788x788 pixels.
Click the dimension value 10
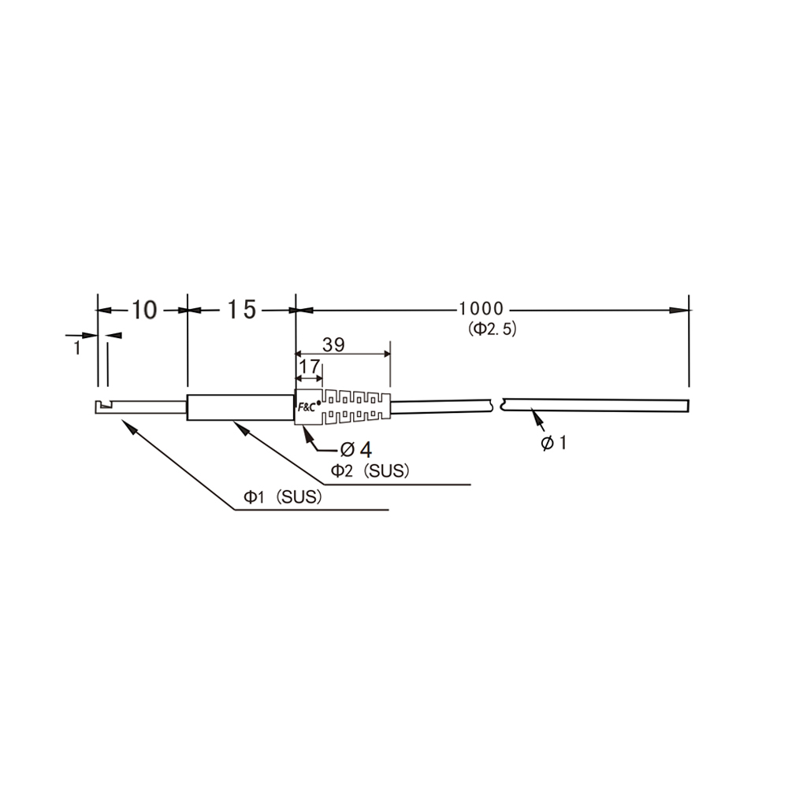(x=144, y=310)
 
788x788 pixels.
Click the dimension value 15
(x=242, y=310)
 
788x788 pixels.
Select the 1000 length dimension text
(x=481, y=309)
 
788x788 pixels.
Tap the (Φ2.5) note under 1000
(x=492, y=329)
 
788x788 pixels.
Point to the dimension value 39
(x=333, y=345)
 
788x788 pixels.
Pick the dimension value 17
(x=309, y=366)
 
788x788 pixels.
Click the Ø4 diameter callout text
(x=356, y=449)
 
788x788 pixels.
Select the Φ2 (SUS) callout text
(x=370, y=471)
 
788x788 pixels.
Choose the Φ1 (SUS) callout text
(x=282, y=497)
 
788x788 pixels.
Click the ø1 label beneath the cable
(x=553, y=443)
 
